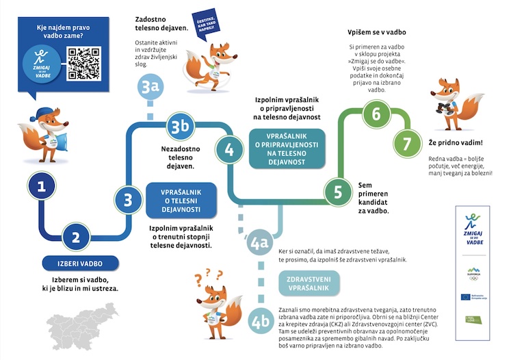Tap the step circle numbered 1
click(42, 185)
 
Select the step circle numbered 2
click(77, 237)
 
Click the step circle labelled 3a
click(150, 86)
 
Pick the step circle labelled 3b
click(179, 126)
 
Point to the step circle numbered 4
click(230, 149)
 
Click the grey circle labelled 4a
click(259, 243)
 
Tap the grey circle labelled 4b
click(260, 322)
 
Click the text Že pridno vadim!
click(455, 143)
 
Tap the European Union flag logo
click(466, 297)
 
